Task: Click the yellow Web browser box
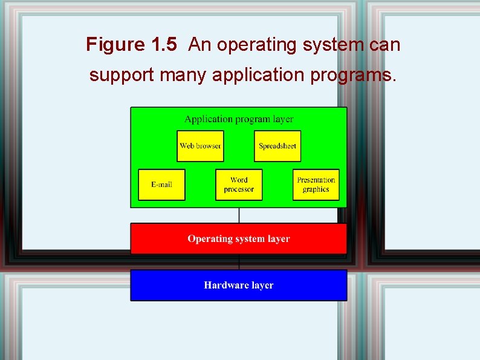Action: [200, 146]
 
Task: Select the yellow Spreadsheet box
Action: [277, 146]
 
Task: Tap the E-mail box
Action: [161, 185]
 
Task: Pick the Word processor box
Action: [239, 185]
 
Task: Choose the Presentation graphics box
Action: [316, 185]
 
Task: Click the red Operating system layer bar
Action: [239, 238]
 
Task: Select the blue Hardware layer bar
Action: [239, 285]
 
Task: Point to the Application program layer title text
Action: [239, 119]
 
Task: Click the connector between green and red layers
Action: [239, 215]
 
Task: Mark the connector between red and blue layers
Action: [239, 262]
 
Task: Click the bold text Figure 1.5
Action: [131, 44]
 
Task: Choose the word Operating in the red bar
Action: [210, 239]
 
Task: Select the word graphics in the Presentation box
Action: [316, 189]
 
